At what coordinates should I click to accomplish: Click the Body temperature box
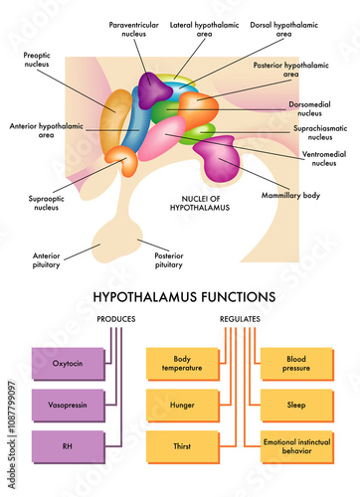[x=181, y=363]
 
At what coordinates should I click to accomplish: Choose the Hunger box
[x=181, y=406]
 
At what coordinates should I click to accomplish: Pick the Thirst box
[x=181, y=446]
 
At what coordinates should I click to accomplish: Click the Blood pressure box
[x=295, y=363]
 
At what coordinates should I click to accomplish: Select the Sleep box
[x=295, y=406]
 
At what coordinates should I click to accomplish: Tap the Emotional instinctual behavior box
[x=295, y=446]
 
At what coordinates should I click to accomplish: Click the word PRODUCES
[x=116, y=319]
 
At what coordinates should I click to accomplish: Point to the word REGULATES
[x=240, y=319]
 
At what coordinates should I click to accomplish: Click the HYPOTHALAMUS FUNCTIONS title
[x=184, y=295]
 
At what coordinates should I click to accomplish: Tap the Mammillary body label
[x=297, y=196]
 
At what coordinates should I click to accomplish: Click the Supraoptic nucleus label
[x=45, y=204]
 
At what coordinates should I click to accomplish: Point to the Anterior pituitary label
[x=47, y=260]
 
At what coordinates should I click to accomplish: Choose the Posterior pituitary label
[x=168, y=260]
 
